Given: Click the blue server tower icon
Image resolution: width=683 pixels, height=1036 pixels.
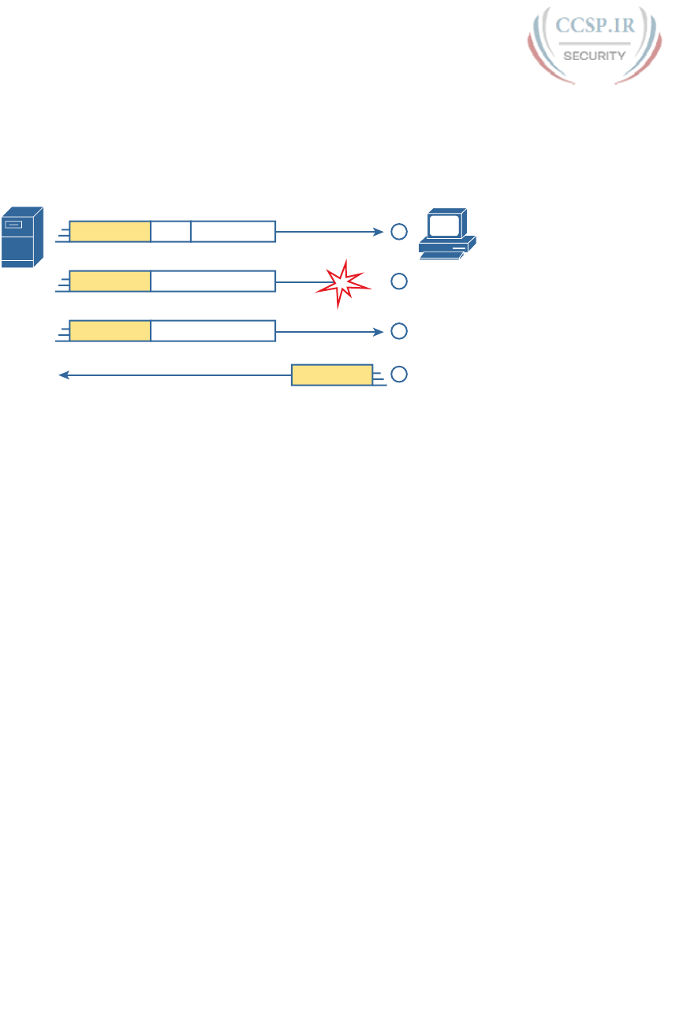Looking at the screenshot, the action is [x=22, y=237].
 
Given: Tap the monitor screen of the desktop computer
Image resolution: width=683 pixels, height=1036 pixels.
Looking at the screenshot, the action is [x=445, y=224].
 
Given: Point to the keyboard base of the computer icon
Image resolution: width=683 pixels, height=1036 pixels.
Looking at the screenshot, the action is [x=447, y=248].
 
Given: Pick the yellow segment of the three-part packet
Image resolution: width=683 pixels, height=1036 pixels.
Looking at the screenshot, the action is [x=110, y=232].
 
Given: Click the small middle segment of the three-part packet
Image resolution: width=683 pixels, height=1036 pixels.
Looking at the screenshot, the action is [x=170, y=232].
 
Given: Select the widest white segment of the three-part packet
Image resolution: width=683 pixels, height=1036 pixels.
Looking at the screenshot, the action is [x=233, y=232].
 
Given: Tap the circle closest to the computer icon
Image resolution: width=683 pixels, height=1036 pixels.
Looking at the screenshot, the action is [x=399, y=232].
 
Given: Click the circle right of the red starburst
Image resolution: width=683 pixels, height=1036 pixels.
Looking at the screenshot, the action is [x=399, y=281].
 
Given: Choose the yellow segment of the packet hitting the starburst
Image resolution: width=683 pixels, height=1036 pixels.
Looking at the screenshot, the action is [x=110, y=281].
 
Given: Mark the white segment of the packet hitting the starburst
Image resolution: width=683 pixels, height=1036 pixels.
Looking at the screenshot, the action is [x=213, y=281].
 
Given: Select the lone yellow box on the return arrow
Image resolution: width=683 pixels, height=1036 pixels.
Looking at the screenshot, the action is [x=332, y=375].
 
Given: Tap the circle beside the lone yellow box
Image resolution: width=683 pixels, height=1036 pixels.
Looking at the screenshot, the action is [x=399, y=374].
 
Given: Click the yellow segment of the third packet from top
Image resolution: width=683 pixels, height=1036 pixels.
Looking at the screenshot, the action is [x=110, y=331].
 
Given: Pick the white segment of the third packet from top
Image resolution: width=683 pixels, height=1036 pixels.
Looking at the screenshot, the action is [x=213, y=331].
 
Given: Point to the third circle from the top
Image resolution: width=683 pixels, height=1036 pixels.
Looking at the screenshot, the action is [x=399, y=331].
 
